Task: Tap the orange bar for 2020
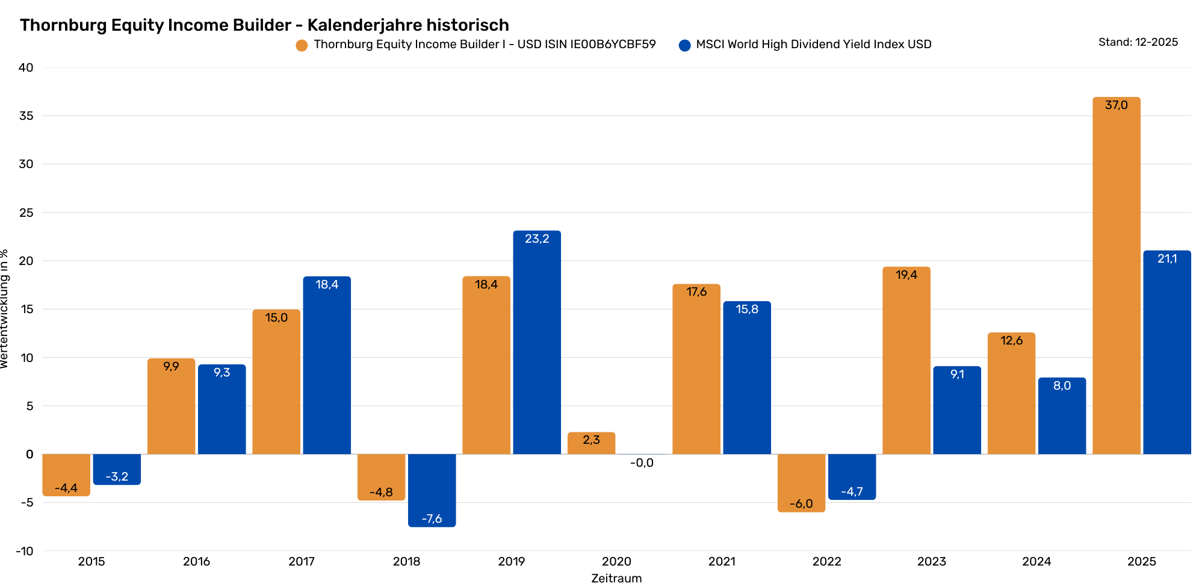591,444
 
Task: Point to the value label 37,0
1116,105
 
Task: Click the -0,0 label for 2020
642,463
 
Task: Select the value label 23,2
536,239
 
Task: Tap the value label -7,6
432,519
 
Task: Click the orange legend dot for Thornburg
302,45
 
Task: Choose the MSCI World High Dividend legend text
813,45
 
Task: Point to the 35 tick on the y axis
26,116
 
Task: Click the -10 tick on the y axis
25,551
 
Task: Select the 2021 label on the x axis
721,561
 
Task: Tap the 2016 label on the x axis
196,561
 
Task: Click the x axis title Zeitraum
616,578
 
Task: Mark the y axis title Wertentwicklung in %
5,308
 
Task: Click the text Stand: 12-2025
1138,42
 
